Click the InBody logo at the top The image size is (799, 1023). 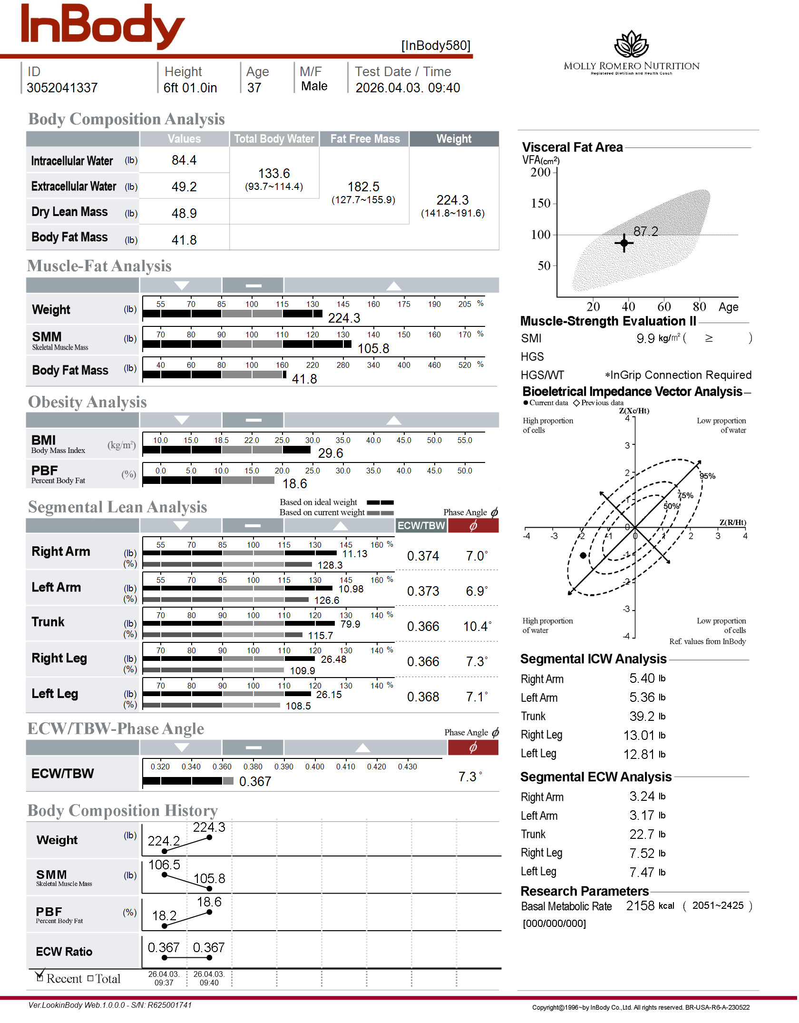point(102,26)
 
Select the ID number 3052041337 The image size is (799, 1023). point(62,88)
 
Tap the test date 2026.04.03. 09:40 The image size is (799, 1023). point(408,88)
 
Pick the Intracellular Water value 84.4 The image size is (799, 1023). point(184,160)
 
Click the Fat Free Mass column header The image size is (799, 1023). point(365,139)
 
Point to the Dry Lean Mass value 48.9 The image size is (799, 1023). point(184,213)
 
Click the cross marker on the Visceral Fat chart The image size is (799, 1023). point(624,243)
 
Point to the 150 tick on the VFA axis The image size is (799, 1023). point(541,203)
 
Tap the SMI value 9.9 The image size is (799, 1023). point(645,338)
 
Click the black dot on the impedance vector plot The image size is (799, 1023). point(583,555)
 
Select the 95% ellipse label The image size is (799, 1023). point(707,476)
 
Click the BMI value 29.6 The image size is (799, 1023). point(331,453)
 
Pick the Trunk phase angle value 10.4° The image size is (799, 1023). point(477,626)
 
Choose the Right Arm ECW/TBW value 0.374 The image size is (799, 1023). point(423,556)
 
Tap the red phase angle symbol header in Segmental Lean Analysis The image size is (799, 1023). point(473,526)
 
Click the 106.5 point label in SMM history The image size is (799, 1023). point(164,865)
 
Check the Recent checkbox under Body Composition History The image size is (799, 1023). point(40,978)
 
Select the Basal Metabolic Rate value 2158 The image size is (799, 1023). point(640,906)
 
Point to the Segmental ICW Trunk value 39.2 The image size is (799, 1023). point(642,717)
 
